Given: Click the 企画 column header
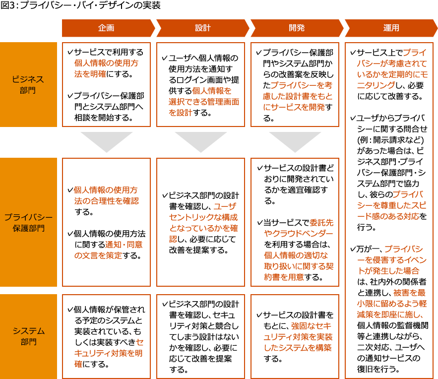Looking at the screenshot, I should pos(106,28).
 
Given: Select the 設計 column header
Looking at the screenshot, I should pos(202,28).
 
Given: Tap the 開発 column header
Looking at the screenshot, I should pos(297,28).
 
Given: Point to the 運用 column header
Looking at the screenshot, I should pos(391,28).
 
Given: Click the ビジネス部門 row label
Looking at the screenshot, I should pos(28,84).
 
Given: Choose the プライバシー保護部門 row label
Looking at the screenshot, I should pos(28,223).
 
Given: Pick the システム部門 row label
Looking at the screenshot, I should pos(28,336).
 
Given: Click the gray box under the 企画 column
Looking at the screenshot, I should pos(107,142).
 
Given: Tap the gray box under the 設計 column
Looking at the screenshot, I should pos(201,142).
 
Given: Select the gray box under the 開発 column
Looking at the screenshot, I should pos(295,142).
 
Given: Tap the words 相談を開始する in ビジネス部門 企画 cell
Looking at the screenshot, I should pos(104,118).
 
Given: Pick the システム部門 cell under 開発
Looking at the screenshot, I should pos(295,336).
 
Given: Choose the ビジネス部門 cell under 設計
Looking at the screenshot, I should pos(200,84).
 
